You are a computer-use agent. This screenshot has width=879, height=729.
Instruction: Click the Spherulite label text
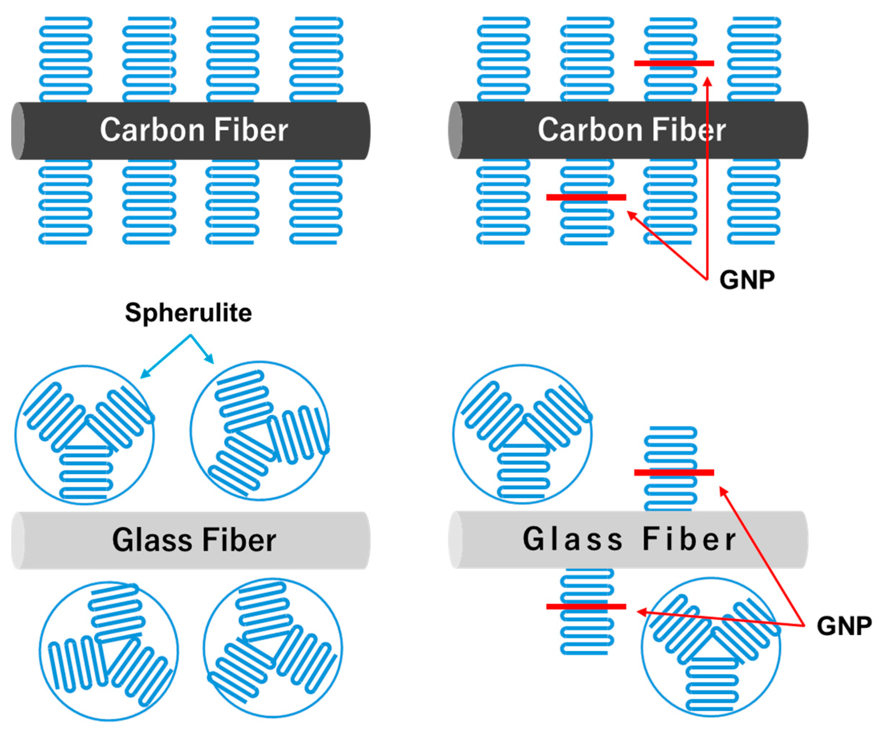pyautogui.click(x=188, y=312)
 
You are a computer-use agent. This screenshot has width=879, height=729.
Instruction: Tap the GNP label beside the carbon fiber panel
pyautogui.click(x=747, y=280)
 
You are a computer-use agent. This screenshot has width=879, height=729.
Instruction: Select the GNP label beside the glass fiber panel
pyautogui.click(x=844, y=626)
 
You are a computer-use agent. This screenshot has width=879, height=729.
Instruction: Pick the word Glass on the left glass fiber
pyautogui.click(x=152, y=540)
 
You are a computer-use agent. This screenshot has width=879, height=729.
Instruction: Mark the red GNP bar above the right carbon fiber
pyautogui.click(x=674, y=64)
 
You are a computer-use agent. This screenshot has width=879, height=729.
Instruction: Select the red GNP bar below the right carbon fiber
pyautogui.click(x=586, y=197)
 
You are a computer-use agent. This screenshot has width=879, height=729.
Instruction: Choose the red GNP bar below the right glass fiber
pyautogui.click(x=586, y=606)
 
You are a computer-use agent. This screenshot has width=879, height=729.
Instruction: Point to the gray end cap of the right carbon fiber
pyautogui.click(x=455, y=130)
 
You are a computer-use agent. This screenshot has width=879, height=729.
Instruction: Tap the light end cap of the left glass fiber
pyautogui.click(x=17, y=540)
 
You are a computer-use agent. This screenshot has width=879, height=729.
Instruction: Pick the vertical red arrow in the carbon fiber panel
pyautogui.click(x=707, y=176)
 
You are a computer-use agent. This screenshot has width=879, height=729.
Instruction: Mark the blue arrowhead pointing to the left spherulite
pyautogui.click(x=144, y=374)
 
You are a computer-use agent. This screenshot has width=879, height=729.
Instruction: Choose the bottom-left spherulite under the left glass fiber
pyautogui.click(x=109, y=652)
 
